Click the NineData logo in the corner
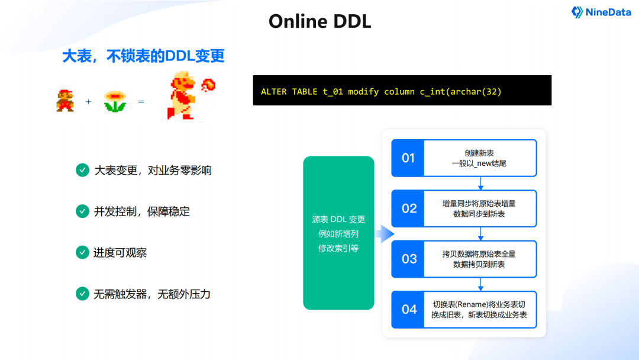pyautogui.click(x=601, y=12)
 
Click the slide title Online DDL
pyautogui.click(x=319, y=21)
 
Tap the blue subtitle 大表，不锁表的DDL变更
pyautogui.click(x=144, y=56)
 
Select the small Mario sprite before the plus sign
pyautogui.click(x=65, y=101)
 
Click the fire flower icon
pyautogui.click(x=115, y=101)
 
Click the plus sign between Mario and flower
pyautogui.click(x=89, y=102)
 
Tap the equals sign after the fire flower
pyautogui.click(x=141, y=102)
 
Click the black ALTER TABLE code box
pyautogui.click(x=402, y=91)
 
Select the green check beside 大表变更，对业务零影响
pyautogui.click(x=82, y=171)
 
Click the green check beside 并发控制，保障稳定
pyautogui.click(x=82, y=211)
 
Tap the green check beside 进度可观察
pyautogui.click(x=82, y=252)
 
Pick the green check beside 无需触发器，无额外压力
pyautogui.click(x=82, y=293)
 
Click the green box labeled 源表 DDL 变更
pyautogui.click(x=338, y=233)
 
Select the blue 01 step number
pyautogui.click(x=408, y=158)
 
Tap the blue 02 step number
pyautogui.click(x=409, y=208)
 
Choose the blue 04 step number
pyautogui.click(x=409, y=309)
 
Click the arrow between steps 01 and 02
pyautogui.click(x=464, y=184)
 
